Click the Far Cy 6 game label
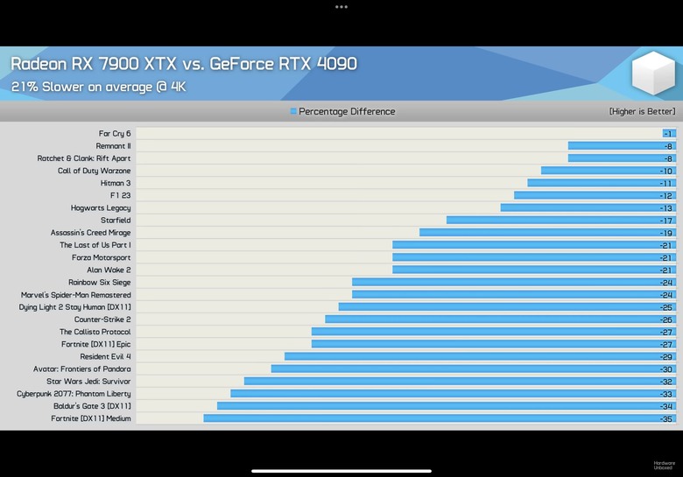pyautogui.click(x=115, y=134)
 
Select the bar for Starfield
pyautogui.click(x=560, y=221)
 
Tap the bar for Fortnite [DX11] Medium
pyautogui.click(x=438, y=418)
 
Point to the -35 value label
pyautogui.click(x=666, y=419)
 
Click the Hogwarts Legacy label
pyautogui.click(x=101, y=208)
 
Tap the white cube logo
pyautogui.click(x=652, y=74)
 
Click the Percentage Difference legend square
pyautogui.click(x=293, y=112)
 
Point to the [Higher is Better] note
pyautogui.click(x=642, y=112)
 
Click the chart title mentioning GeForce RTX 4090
pyautogui.click(x=184, y=64)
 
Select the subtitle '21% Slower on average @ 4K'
pyautogui.click(x=98, y=87)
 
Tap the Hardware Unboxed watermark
pyautogui.click(x=664, y=466)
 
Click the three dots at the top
pyautogui.click(x=341, y=7)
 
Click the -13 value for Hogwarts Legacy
pyautogui.click(x=666, y=208)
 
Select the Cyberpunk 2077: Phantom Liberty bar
pyautogui.click(x=451, y=394)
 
